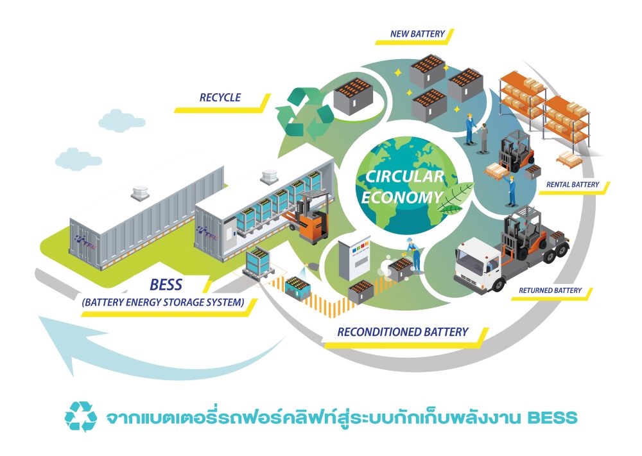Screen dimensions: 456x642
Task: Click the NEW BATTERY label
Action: [x=417, y=33]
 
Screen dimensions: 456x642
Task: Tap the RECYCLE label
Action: [x=220, y=98]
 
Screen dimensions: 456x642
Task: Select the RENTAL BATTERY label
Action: [x=573, y=185]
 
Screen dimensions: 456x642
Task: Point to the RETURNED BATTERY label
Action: [x=551, y=291]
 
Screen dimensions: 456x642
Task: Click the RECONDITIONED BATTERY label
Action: [x=403, y=332]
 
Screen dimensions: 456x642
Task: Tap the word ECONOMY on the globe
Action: [x=402, y=197]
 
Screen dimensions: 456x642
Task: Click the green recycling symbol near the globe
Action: [x=305, y=114]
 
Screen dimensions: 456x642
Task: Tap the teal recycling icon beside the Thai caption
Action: [x=81, y=417]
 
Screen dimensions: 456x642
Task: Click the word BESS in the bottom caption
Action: [x=551, y=418]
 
